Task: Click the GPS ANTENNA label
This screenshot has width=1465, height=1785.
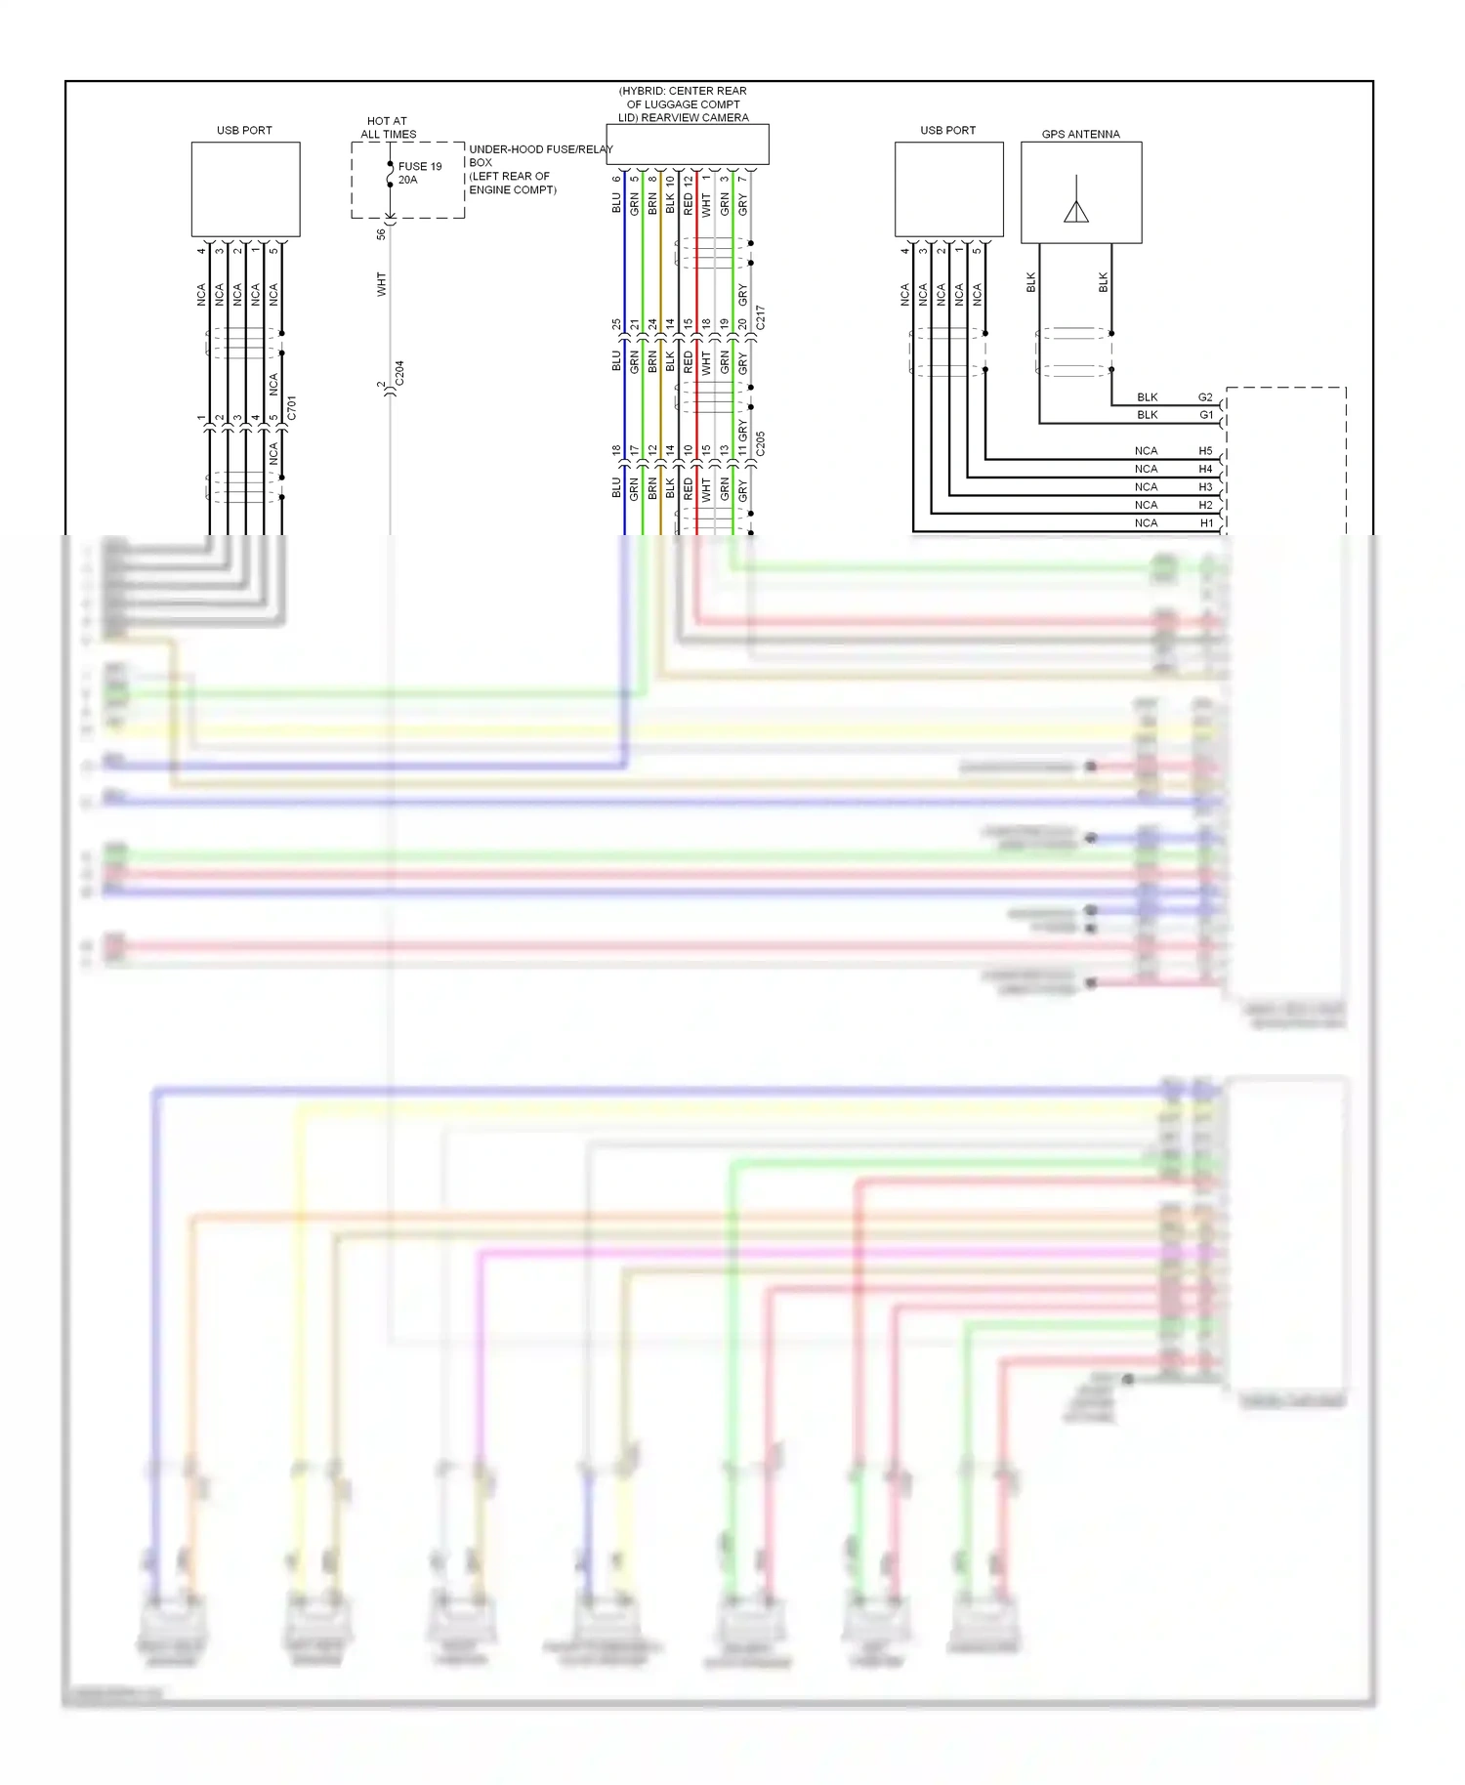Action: click(1080, 134)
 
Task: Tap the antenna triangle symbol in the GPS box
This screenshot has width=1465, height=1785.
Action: click(1076, 211)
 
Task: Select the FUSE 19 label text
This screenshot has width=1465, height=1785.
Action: click(420, 166)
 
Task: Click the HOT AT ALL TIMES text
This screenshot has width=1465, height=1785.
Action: click(388, 128)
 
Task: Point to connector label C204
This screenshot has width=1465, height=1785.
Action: click(399, 373)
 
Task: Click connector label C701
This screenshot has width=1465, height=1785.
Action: click(292, 408)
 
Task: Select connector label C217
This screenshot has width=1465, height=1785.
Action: click(761, 316)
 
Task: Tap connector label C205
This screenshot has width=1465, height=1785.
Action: click(761, 443)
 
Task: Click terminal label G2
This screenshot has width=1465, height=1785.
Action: click(1205, 397)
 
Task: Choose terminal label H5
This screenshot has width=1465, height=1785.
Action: click(1205, 451)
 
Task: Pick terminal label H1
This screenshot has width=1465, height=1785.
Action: click(1206, 523)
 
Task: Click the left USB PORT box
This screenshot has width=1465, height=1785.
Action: click(245, 189)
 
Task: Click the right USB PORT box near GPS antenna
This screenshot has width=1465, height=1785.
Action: click(948, 189)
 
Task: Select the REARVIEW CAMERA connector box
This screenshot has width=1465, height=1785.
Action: click(688, 145)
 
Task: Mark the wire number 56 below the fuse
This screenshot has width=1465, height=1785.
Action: click(381, 234)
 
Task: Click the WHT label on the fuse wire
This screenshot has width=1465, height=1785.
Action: click(381, 284)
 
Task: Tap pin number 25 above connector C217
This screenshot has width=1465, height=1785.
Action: click(616, 323)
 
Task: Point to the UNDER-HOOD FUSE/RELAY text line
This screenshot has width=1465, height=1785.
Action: click(540, 149)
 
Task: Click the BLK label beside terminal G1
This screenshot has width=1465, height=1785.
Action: click(1147, 415)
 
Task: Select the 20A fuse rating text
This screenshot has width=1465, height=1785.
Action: click(407, 180)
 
